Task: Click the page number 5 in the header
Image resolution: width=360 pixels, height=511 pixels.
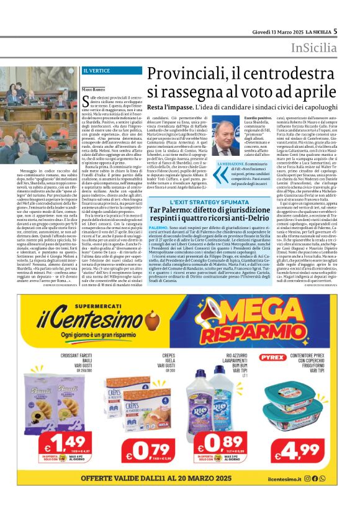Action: point(335,30)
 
